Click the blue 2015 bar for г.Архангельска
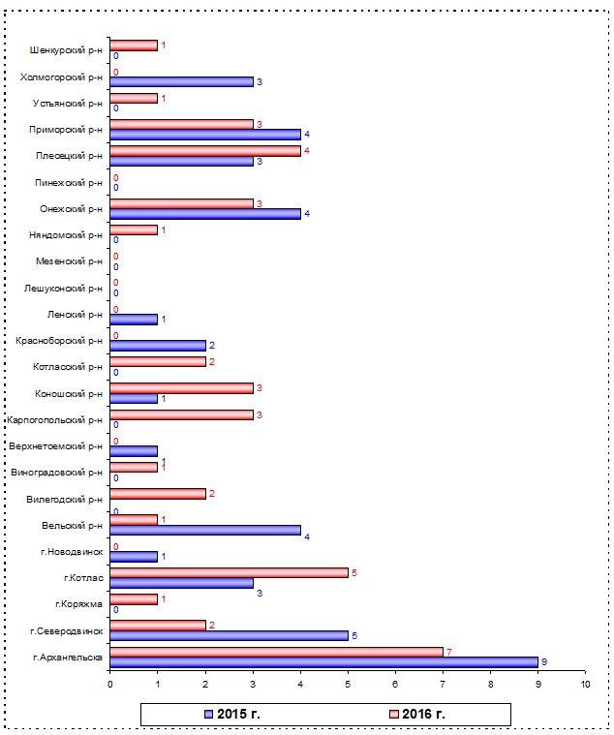[323, 662]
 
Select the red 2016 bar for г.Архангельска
[277, 652]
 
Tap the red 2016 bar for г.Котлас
[230, 573]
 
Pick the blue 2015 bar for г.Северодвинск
[230, 635]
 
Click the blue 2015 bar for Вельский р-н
[205, 530]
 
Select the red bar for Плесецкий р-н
[205, 151]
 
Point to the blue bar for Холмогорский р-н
[181, 82]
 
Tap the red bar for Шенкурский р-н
[134, 46]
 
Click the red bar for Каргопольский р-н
[181, 414]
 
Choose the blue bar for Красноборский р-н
[158, 346]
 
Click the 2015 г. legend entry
[232, 714]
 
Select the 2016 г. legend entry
[417, 714]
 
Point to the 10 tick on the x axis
[585, 685]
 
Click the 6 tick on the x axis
[395, 685]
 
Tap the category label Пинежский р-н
[69, 183]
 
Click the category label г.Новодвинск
[72, 552]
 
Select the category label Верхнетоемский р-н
[55, 446]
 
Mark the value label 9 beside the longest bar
[544, 662]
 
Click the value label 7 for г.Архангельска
[449, 652]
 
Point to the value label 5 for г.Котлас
[354, 573]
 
